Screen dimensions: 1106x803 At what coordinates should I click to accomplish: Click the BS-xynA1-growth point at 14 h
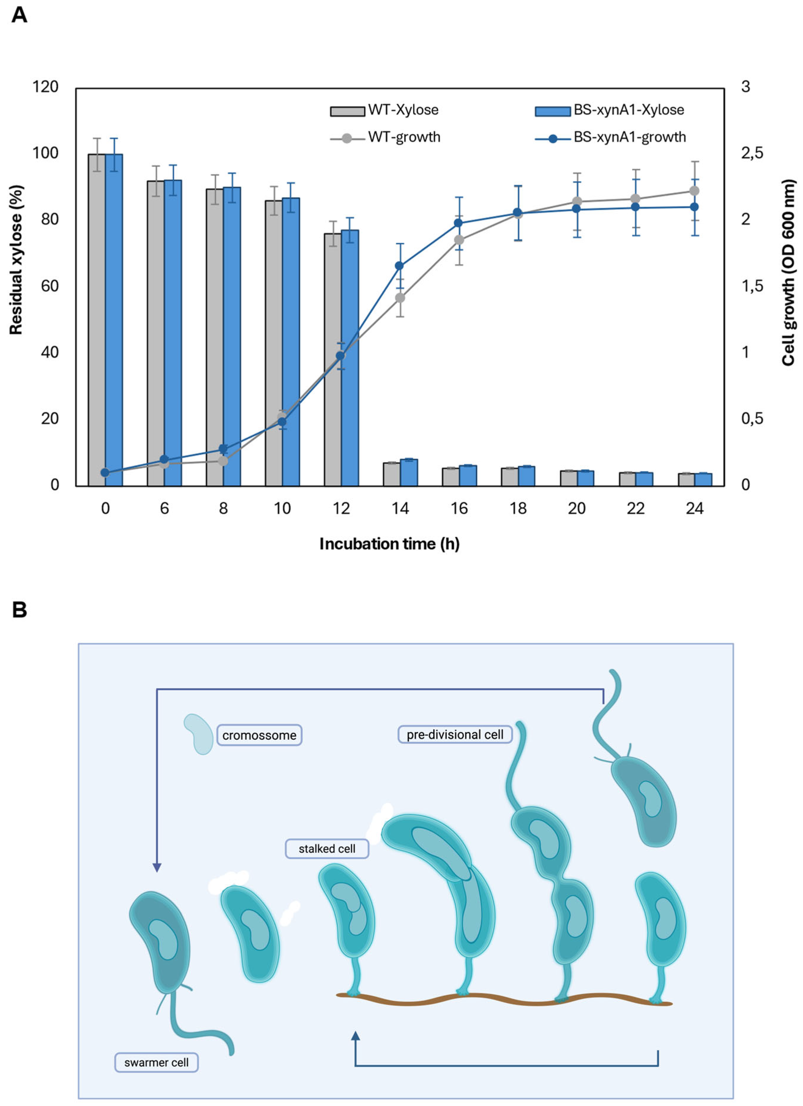click(399, 265)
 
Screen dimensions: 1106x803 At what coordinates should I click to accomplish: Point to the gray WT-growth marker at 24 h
click(694, 191)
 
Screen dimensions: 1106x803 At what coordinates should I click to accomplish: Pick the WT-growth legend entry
click(385, 138)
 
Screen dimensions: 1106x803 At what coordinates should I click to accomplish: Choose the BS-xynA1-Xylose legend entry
click(609, 110)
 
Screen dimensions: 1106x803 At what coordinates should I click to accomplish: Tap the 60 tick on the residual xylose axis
click(49, 286)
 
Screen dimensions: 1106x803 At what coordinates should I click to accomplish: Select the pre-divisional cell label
click(454, 734)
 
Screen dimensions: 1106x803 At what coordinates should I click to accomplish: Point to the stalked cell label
click(327, 849)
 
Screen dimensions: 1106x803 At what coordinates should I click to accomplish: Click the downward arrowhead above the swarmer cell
click(157, 867)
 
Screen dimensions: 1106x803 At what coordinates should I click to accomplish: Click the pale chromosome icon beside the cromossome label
click(199, 734)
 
